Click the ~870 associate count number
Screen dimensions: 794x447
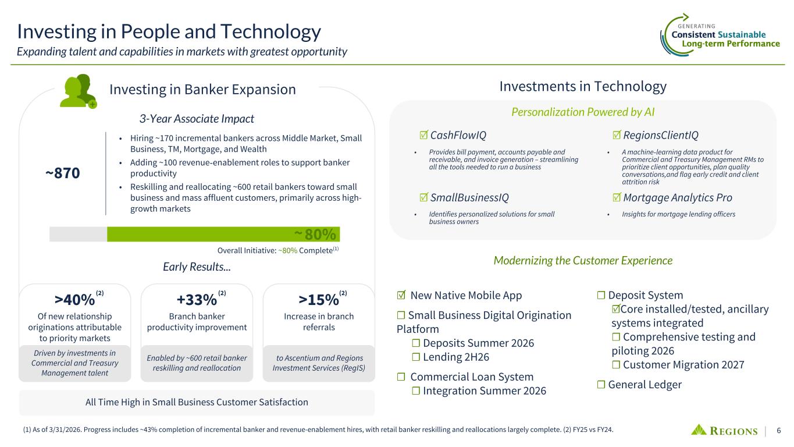(x=63, y=173)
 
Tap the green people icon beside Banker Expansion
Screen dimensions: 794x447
(x=78, y=91)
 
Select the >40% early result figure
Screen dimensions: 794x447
(x=75, y=300)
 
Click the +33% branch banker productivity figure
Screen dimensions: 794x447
(x=197, y=300)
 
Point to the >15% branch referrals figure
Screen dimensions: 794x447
(x=319, y=300)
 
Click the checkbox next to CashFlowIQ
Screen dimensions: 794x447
(x=423, y=135)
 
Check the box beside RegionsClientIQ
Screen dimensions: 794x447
(x=617, y=135)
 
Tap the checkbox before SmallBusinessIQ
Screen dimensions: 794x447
(x=423, y=197)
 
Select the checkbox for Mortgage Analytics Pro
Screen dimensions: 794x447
(x=617, y=197)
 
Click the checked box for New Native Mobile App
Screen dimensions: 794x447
(x=401, y=295)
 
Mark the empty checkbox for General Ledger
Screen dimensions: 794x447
(x=601, y=385)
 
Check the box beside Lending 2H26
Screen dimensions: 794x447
(x=416, y=357)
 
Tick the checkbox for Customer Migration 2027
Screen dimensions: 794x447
(x=616, y=365)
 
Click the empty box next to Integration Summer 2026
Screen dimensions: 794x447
(x=416, y=391)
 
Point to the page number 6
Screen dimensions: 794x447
(x=779, y=430)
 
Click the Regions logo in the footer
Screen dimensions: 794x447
(x=724, y=430)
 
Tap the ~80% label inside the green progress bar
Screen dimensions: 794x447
(x=315, y=235)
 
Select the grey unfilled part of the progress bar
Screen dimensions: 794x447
(x=79, y=234)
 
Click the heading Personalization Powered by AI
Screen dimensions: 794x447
(x=583, y=112)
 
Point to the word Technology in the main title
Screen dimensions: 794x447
(x=271, y=31)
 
